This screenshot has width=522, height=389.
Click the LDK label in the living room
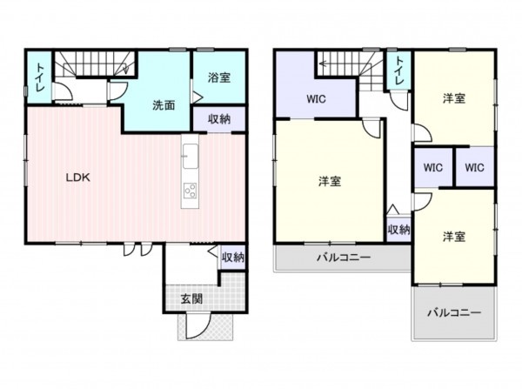pyautogui.click(x=80, y=177)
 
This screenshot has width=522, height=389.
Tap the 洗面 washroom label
pyautogui.click(x=164, y=105)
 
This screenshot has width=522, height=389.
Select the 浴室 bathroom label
pyautogui.click(x=218, y=77)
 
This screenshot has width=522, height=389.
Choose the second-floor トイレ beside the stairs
pyautogui.click(x=398, y=69)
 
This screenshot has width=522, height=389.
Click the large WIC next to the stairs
pyautogui.click(x=315, y=97)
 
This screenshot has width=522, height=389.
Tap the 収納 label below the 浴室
pyautogui.click(x=218, y=119)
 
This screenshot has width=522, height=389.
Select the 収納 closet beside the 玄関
pyautogui.click(x=232, y=257)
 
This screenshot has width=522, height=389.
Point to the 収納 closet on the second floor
pyautogui.click(x=398, y=229)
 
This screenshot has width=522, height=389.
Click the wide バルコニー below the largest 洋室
pyautogui.click(x=343, y=258)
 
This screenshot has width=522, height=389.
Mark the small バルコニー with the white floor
pyautogui.click(x=452, y=312)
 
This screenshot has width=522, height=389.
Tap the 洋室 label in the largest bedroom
pyautogui.click(x=329, y=181)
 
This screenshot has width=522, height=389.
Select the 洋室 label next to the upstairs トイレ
pyautogui.click(x=452, y=98)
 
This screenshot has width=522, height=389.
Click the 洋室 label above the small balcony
pyautogui.click(x=452, y=236)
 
